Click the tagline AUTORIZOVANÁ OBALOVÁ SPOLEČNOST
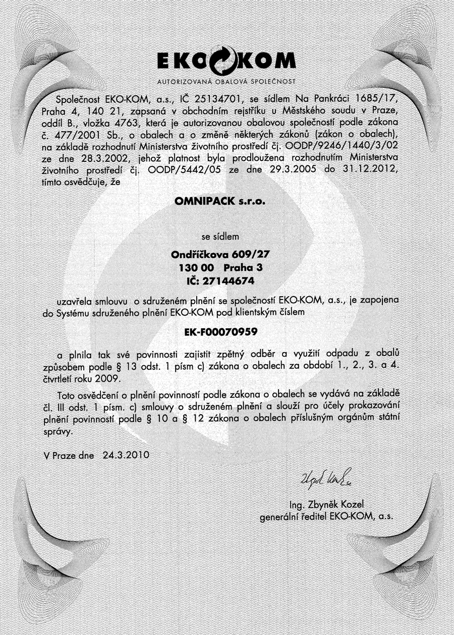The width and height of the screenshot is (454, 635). (x=226, y=81)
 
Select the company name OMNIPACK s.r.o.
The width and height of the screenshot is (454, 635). (x=219, y=202)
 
